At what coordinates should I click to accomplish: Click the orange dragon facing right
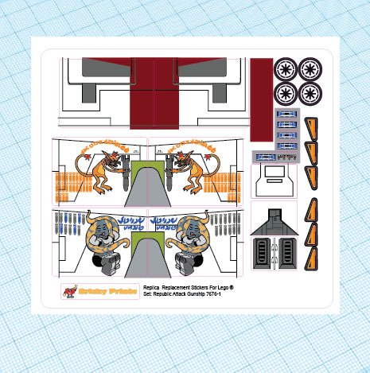(x=103, y=171)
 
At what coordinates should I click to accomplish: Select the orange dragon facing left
(x=193, y=171)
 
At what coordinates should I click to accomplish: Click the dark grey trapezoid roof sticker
(x=273, y=220)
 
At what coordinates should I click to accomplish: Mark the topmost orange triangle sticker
(x=312, y=126)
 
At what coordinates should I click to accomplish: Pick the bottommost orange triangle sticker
(x=312, y=256)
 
